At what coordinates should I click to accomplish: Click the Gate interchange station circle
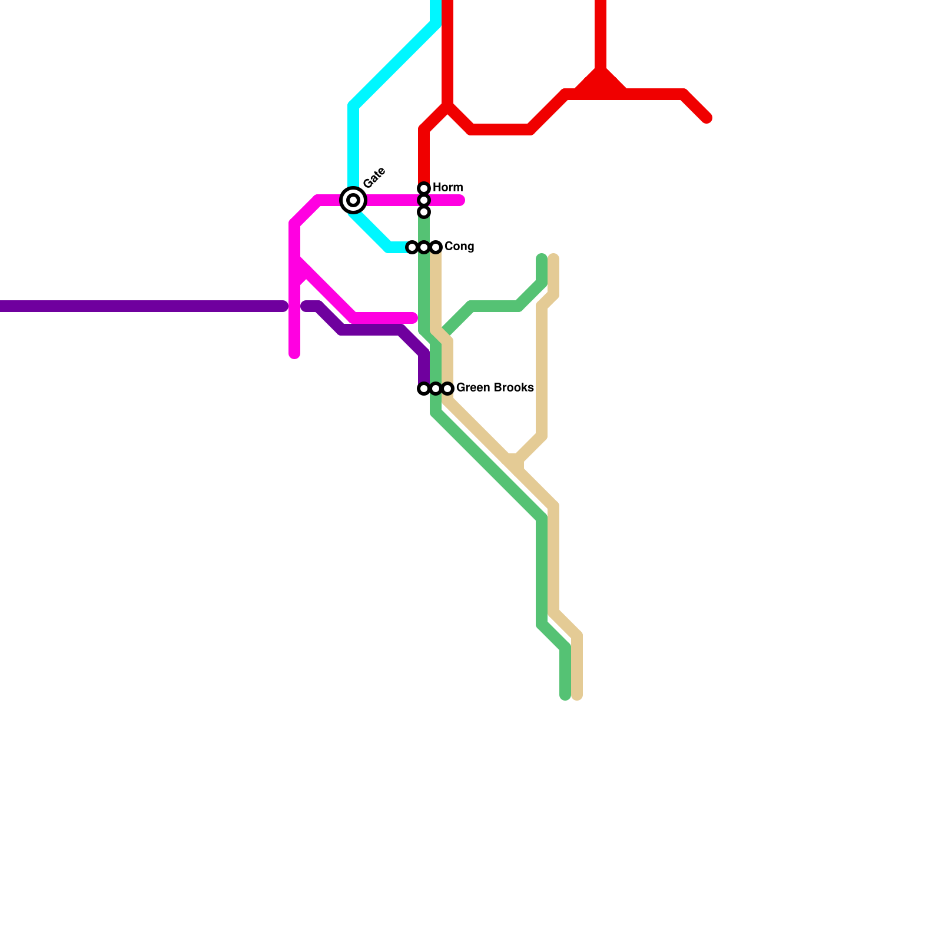tap(353, 200)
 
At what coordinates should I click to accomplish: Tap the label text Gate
tap(374, 177)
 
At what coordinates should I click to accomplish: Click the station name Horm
tap(447, 187)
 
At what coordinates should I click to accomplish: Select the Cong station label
tap(459, 246)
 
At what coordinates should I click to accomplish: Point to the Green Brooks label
tap(495, 387)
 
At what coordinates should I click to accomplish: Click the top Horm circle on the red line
tap(424, 188)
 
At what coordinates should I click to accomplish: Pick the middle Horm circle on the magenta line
tap(424, 200)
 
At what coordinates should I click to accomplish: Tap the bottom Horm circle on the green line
tap(424, 212)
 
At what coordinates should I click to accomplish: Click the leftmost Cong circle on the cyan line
tap(412, 247)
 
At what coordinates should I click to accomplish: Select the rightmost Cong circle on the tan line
tap(436, 247)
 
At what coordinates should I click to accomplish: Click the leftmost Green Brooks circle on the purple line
tap(424, 389)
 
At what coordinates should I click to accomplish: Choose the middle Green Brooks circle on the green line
tap(436, 389)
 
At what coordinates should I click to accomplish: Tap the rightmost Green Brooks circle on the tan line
tap(447, 389)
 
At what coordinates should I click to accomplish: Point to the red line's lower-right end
tap(707, 118)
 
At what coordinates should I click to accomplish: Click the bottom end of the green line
tap(565, 696)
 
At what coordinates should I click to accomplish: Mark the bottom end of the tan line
tap(578, 696)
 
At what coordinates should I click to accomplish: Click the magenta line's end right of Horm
tap(461, 201)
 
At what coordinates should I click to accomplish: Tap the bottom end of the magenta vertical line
tap(294, 354)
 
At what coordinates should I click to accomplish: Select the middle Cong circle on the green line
tap(424, 247)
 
